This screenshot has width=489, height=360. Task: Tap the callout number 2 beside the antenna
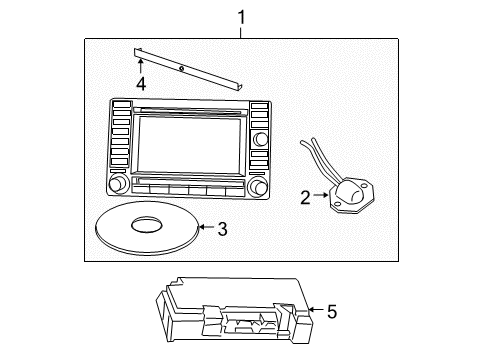click(306, 198)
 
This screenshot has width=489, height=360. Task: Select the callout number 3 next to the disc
click(222, 229)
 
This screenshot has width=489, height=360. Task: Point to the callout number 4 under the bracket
click(142, 83)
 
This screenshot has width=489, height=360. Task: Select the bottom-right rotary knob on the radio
click(261, 187)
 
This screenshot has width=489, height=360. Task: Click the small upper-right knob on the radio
click(262, 138)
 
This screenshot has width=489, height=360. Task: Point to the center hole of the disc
click(147, 227)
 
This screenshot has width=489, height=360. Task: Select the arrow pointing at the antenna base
click(323, 198)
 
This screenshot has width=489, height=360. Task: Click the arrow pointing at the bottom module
click(315, 312)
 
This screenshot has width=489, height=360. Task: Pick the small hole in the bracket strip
click(181, 69)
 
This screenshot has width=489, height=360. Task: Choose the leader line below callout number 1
click(241, 32)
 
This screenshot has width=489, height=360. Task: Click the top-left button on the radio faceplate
click(120, 106)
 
